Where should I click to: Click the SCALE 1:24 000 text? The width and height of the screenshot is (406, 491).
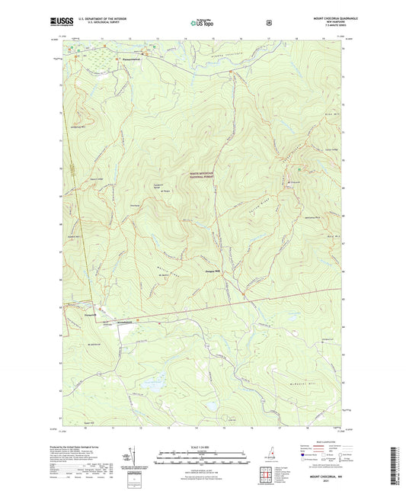tap(202, 447)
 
